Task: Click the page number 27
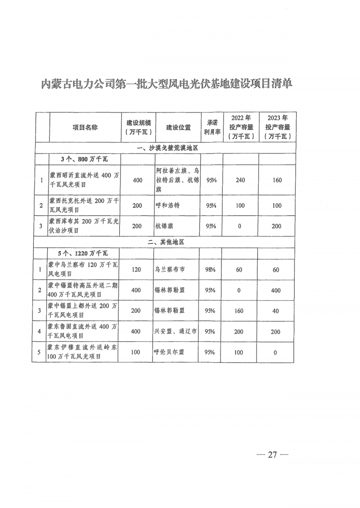point(271,454)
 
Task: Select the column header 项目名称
point(85,127)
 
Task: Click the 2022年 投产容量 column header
point(240,127)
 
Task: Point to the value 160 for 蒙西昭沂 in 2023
point(277,180)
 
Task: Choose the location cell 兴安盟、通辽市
point(175,332)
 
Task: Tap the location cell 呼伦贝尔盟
point(170,352)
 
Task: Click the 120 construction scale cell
point(137,270)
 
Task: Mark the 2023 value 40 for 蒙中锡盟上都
point(276,311)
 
